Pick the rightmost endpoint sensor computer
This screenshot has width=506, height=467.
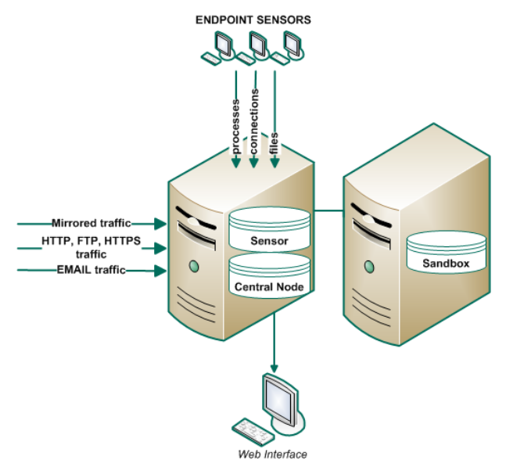pos(291,47)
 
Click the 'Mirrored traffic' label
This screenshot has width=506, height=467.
pos(92,223)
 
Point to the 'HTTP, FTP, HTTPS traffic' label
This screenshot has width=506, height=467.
pos(92,248)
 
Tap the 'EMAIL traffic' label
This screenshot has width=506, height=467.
pos(92,271)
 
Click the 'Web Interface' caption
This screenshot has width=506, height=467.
pos(273,454)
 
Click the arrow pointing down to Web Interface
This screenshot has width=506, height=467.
pos(274,344)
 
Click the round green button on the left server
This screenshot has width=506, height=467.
pos(192,268)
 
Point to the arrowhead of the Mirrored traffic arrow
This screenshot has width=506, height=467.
pos(162,224)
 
